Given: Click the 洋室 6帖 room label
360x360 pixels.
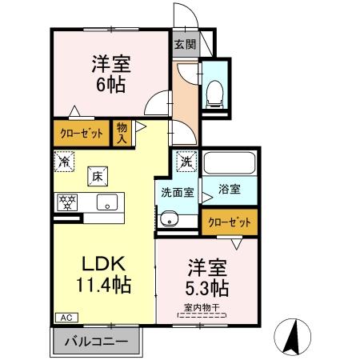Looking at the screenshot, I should click(110, 73).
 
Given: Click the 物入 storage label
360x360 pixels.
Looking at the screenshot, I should click(122, 133).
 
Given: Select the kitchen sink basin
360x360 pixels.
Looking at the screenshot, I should click(106, 202).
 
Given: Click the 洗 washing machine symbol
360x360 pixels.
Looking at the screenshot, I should click(186, 161).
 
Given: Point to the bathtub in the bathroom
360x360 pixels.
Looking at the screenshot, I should click(229, 164).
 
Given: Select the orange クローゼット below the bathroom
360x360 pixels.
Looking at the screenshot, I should click(229, 222).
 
